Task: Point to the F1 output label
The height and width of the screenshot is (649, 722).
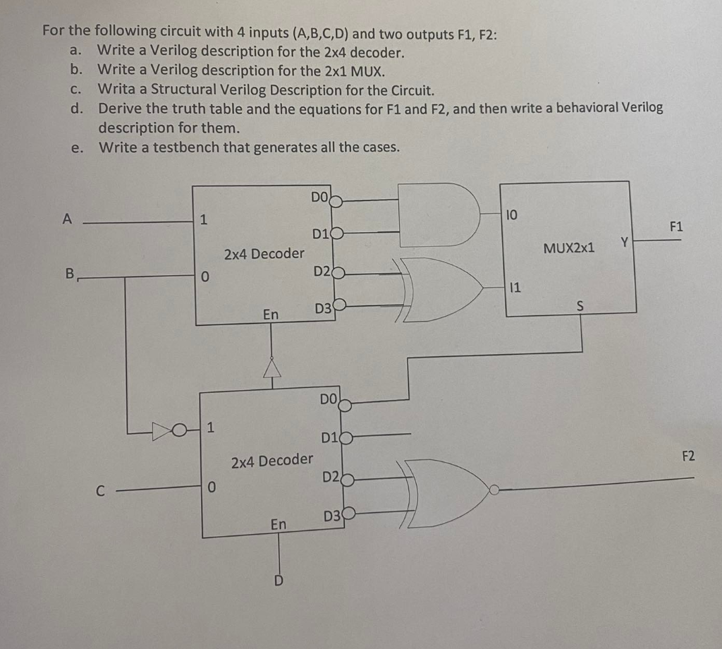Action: click(675, 226)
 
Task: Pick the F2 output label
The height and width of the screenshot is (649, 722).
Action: click(688, 456)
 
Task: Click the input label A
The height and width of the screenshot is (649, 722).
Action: click(67, 219)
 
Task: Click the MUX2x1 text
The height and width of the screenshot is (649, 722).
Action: click(569, 248)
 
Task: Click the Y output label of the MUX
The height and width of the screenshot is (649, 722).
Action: click(623, 242)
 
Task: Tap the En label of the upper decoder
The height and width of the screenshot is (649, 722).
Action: click(270, 315)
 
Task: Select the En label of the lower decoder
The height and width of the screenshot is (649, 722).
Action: click(279, 524)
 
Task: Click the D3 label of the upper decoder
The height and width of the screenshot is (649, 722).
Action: click(322, 308)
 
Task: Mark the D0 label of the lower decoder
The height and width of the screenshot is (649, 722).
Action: click(328, 399)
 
